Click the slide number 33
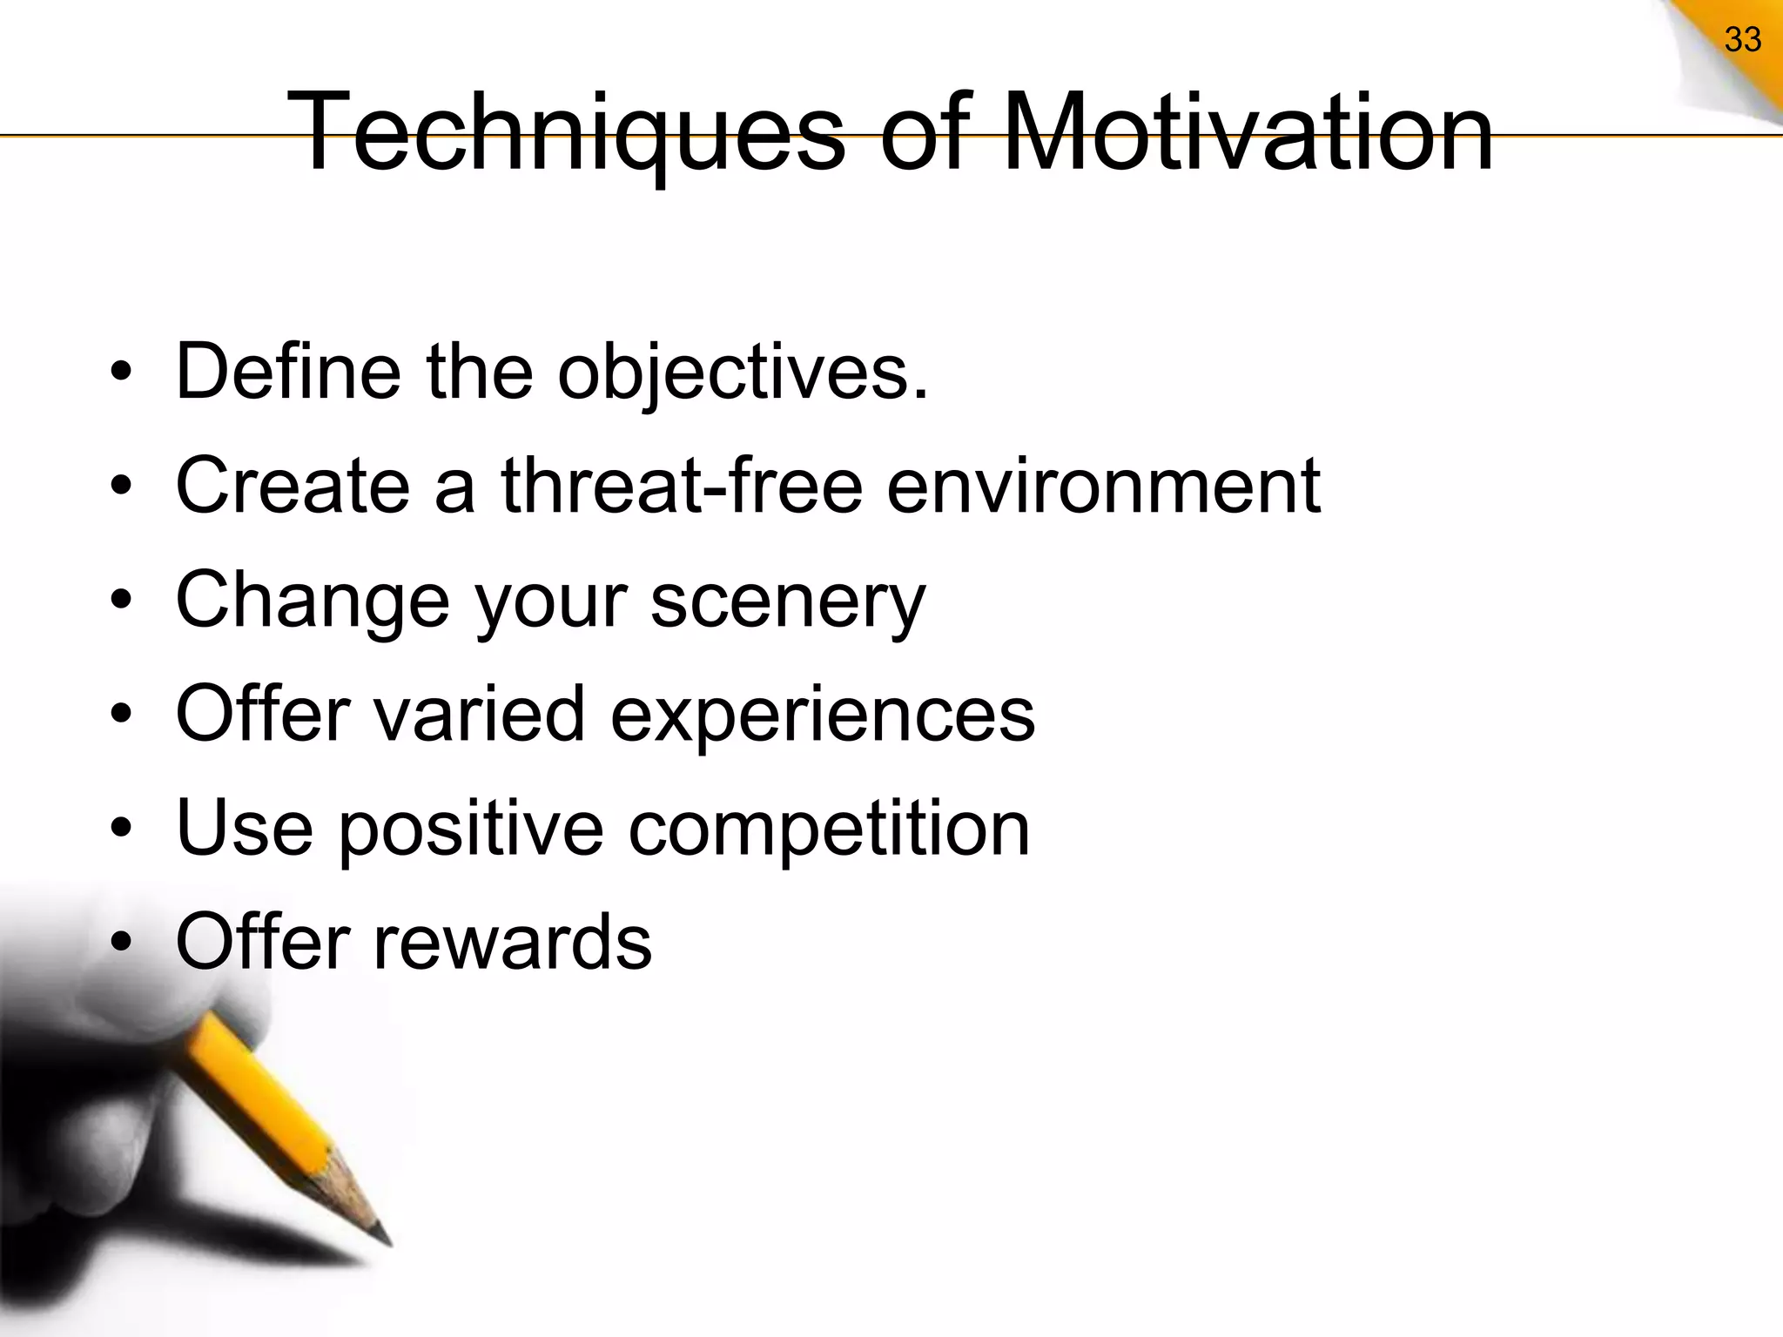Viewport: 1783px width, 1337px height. tap(1742, 40)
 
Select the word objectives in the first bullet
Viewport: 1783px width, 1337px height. tap(743, 373)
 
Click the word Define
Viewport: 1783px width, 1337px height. tap(288, 372)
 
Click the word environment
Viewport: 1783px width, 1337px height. tap(1103, 487)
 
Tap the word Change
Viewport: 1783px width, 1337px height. tap(313, 601)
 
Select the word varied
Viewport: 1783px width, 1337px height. tap(480, 714)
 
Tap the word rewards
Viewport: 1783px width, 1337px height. tap(512, 942)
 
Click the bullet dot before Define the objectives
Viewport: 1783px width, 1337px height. tap(122, 373)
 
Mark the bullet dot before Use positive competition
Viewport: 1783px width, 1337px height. tap(122, 829)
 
